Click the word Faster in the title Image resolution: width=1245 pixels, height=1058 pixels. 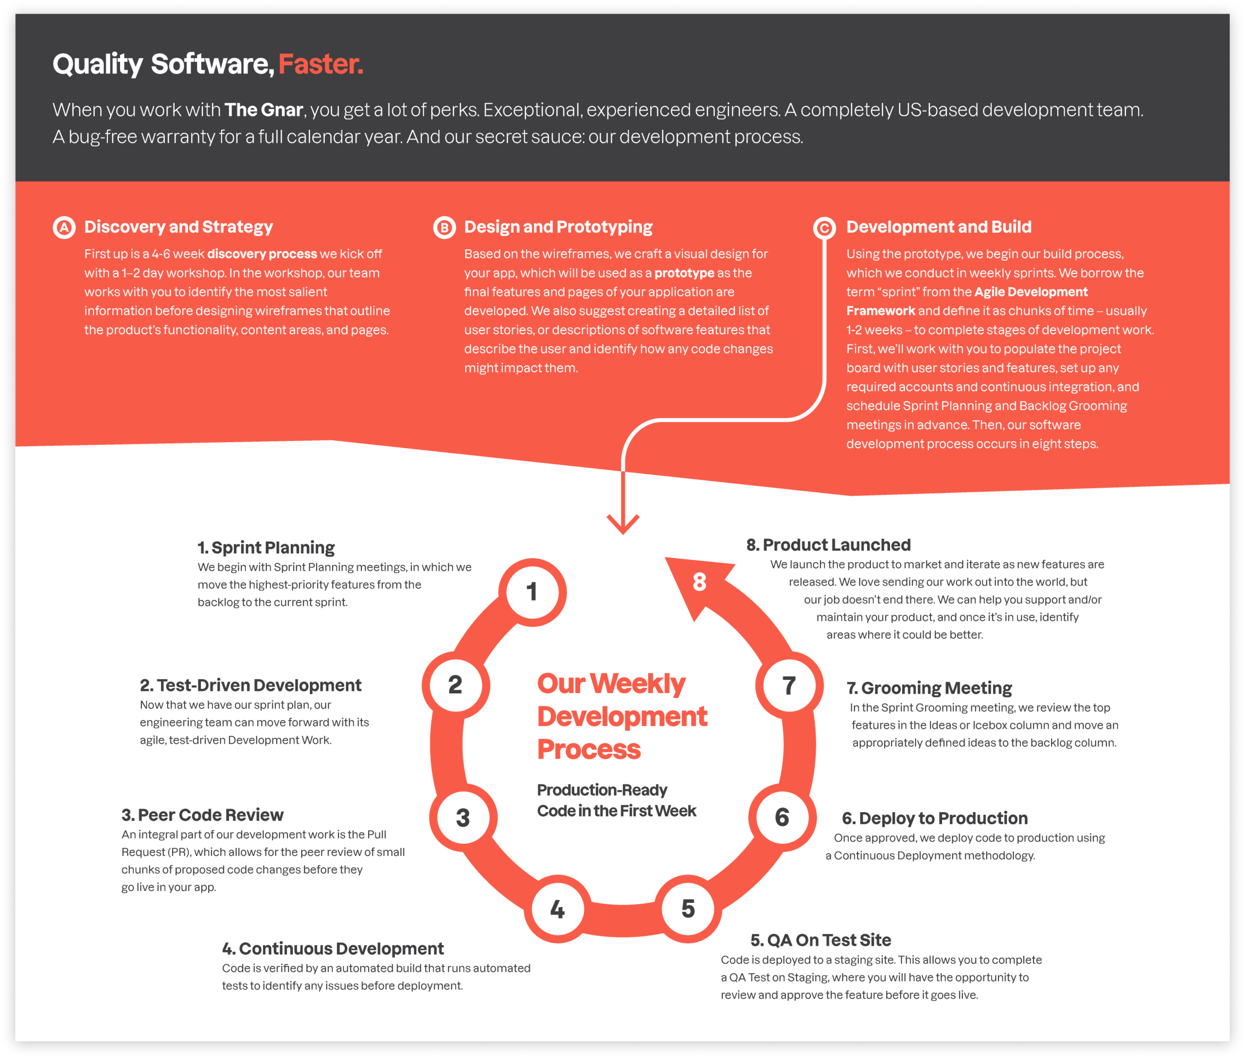(320, 64)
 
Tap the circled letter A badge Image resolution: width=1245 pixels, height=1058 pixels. (64, 227)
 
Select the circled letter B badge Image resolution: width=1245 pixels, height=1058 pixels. (444, 227)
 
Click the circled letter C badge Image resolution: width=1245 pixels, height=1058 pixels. (824, 227)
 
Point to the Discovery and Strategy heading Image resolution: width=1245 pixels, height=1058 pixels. (178, 227)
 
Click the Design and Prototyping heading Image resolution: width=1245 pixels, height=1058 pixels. (558, 227)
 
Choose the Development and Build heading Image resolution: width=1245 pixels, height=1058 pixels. (939, 227)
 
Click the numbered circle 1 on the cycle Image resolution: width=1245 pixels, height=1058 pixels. (533, 592)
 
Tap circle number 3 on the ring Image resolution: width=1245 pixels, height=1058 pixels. (463, 818)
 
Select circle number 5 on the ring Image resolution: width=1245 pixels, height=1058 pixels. (688, 909)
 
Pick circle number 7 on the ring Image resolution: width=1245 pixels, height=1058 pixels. (789, 686)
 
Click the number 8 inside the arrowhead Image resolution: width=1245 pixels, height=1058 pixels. (699, 582)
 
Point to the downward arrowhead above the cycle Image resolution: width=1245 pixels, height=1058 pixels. (623, 524)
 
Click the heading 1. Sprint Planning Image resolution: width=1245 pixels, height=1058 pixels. (266, 547)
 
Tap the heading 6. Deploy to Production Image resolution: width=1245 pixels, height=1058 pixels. (935, 818)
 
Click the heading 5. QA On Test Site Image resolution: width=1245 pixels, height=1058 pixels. (820, 940)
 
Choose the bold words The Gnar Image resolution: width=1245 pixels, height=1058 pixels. (264, 110)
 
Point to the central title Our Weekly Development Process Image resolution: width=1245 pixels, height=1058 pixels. (622, 716)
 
